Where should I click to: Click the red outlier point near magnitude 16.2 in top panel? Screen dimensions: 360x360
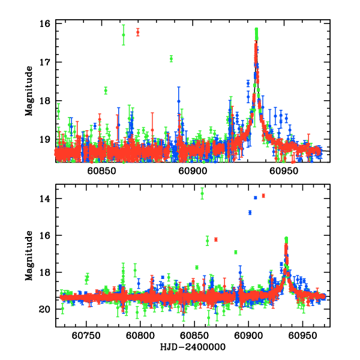[x=137, y=32]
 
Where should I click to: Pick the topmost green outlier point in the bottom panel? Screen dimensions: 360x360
[x=202, y=193]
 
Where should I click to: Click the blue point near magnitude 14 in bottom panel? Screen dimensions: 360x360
[x=255, y=197]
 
